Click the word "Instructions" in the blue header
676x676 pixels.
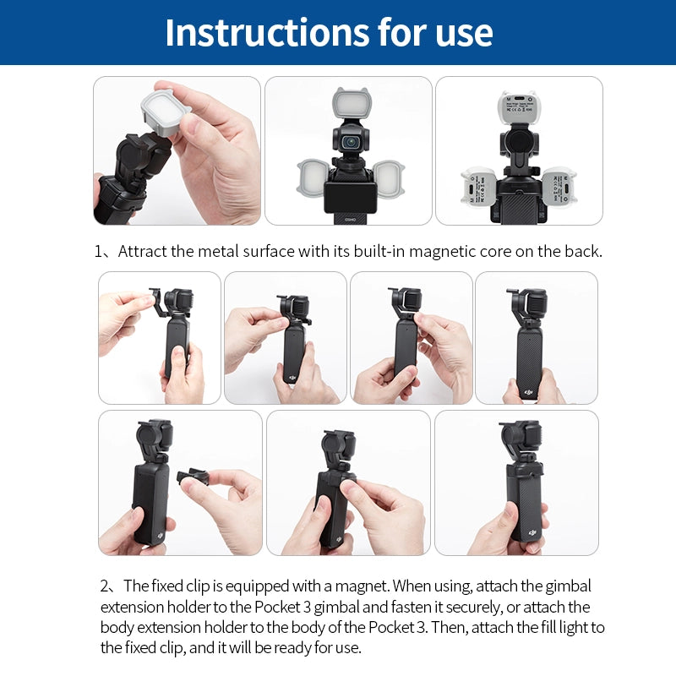coord(253,32)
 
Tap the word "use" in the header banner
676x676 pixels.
coord(460,32)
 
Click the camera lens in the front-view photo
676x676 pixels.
coord(349,142)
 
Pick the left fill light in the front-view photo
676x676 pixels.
coord(313,179)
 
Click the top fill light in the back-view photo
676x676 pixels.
coord(520,110)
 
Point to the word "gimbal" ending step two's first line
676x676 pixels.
coord(569,586)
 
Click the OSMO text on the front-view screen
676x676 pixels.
coord(350,217)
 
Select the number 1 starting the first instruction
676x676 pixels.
coord(99,251)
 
